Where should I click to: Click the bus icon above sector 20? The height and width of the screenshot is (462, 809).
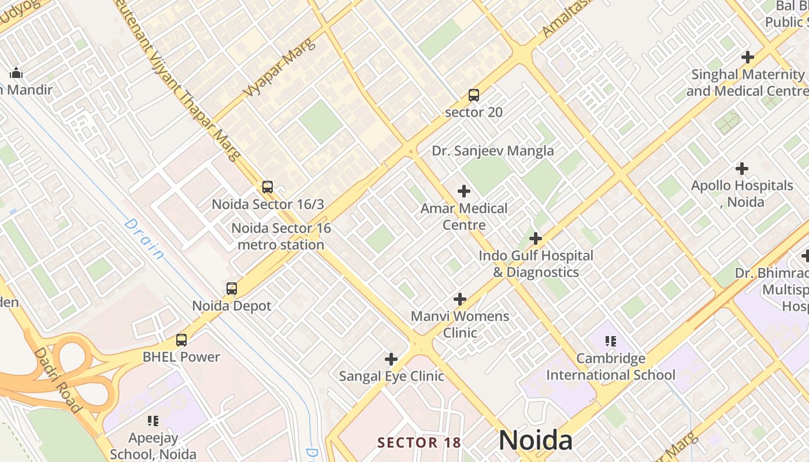pos(474,95)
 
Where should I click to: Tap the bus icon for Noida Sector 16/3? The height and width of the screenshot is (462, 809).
pos(267,187)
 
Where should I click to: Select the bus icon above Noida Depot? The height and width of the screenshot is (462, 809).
pos(232,289)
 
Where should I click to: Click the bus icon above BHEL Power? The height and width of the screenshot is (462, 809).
pos(181,340)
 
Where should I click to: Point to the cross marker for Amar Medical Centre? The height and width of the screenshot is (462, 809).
pos(463,191)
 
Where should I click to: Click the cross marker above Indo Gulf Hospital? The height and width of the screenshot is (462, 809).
pos(536,239)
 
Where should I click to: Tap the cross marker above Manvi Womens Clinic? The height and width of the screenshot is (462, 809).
pos(460,299)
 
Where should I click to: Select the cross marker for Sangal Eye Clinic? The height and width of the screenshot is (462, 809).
pos(391,359)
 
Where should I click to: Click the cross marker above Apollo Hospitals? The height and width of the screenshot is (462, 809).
pos(742,169)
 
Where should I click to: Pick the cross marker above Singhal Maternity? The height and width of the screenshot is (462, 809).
pos(748,57)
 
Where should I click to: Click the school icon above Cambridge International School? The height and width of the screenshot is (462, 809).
pos(610,341)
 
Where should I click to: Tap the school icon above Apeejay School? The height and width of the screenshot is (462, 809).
pos(153,420)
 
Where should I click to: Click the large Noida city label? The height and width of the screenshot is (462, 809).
pos(536,441)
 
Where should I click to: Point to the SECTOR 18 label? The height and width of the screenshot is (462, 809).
pos(419,443)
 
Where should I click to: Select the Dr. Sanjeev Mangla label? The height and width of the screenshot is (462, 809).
pos(493,151)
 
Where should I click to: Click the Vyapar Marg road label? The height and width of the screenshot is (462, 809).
pos(279,68)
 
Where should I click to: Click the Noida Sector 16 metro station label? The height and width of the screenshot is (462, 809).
pos(281,236)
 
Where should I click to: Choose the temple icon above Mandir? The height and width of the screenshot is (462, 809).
pos(16,73)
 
